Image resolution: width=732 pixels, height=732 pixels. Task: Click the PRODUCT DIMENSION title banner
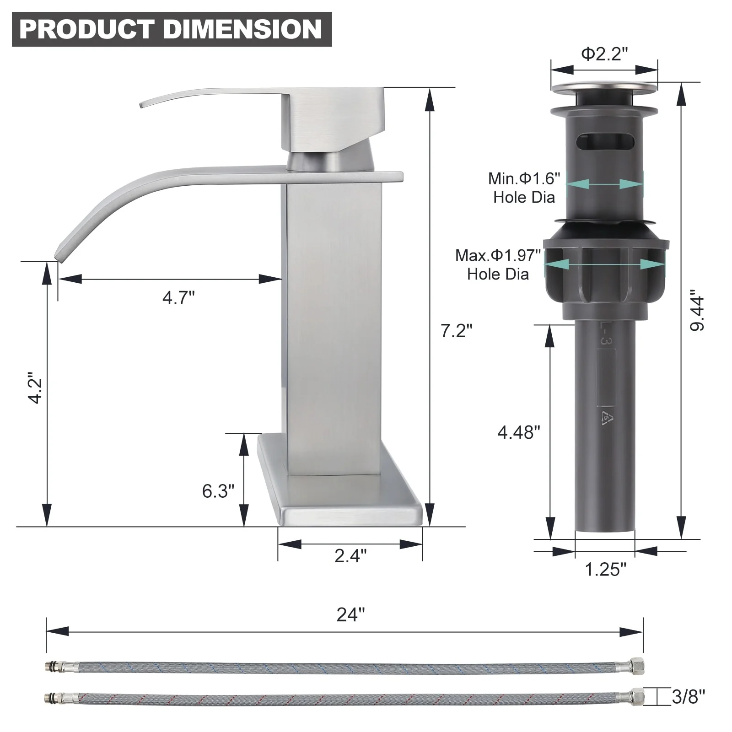click(x=172, y=29)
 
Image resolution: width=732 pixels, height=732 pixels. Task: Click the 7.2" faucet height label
click(x=456, y=330)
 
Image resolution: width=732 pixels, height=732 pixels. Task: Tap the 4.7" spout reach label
click(x=178, y=298)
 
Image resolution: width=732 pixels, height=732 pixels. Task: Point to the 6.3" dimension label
click(x=218, y=491)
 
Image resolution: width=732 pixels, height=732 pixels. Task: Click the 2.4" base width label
click(x=350, y=556)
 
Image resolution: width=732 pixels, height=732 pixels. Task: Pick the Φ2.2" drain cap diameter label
click(x=604, y=54)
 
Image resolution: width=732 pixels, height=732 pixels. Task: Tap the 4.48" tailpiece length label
click(x=519, y=432)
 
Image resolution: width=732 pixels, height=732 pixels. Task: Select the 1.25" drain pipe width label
click(x=606, y=570)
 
